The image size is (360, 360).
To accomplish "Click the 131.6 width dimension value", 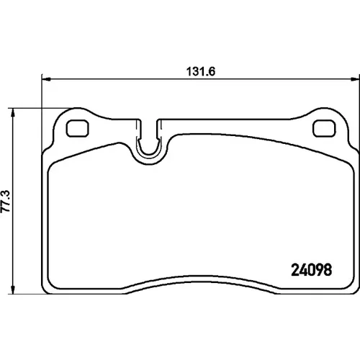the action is coord(201,71).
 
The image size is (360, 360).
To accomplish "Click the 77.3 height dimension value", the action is coord(6,201).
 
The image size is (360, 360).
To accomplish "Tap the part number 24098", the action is coord(311,270).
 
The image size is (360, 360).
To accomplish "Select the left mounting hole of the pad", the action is coord(77,128).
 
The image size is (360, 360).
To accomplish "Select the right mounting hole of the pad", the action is coord(324,128).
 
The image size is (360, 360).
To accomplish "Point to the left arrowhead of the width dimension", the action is coord(46,79).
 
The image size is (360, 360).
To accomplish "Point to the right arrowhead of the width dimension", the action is coord(355,79).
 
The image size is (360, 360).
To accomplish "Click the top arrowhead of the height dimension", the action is coord(13,112).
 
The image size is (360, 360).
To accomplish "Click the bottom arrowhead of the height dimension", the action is coord(13,289).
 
